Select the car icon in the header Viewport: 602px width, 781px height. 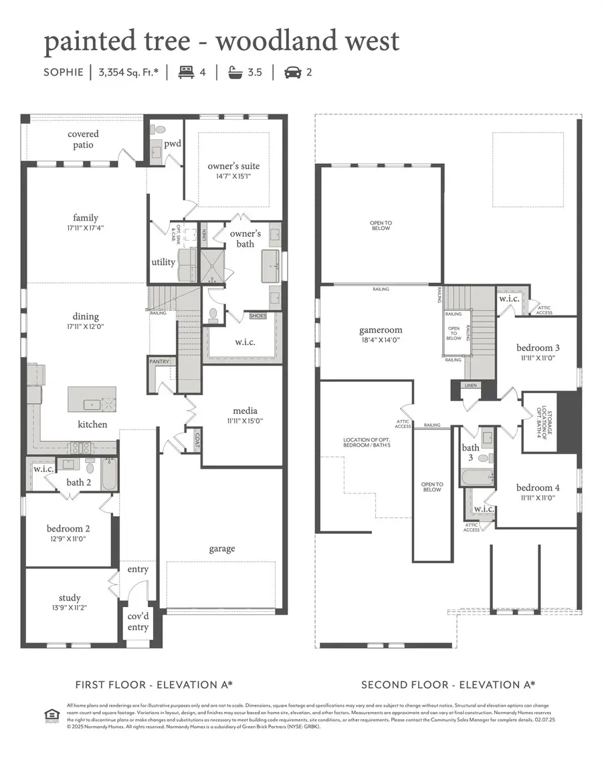pyautogui.click(x=292, y=72)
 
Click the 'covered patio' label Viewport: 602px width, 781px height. pyautogui.click(x=83, y=139)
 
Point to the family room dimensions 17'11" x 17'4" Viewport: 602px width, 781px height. pyautogui.click(x=86, y=227)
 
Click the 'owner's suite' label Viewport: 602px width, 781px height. pyautogui.click(x=233, y=166)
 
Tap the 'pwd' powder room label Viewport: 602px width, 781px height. pyautogui.click(x=173, y=143)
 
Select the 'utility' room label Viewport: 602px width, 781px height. pyautogui.click(x=163, y=261)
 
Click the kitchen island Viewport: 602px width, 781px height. pyautogui.click(x=92, y=399)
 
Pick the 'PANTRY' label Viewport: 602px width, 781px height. pyautogui.click(x=159, y=362)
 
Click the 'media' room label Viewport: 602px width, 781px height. pyautogui.click(x=245, y=411)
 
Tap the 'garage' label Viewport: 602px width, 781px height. pyautogui.click(x=221, y=548)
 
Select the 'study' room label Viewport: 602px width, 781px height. pyautogui.click(x=70, y=597)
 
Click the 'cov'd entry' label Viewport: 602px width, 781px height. pyautogui.click(x=138, y=621)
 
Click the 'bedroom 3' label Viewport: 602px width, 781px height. pyautogui.click(x=538, y=348)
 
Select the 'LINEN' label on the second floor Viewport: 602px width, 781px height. pyautogui.click(x=472, y=386)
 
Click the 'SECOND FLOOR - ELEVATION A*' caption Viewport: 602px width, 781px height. pyautogui.click(x=448, y=685)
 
